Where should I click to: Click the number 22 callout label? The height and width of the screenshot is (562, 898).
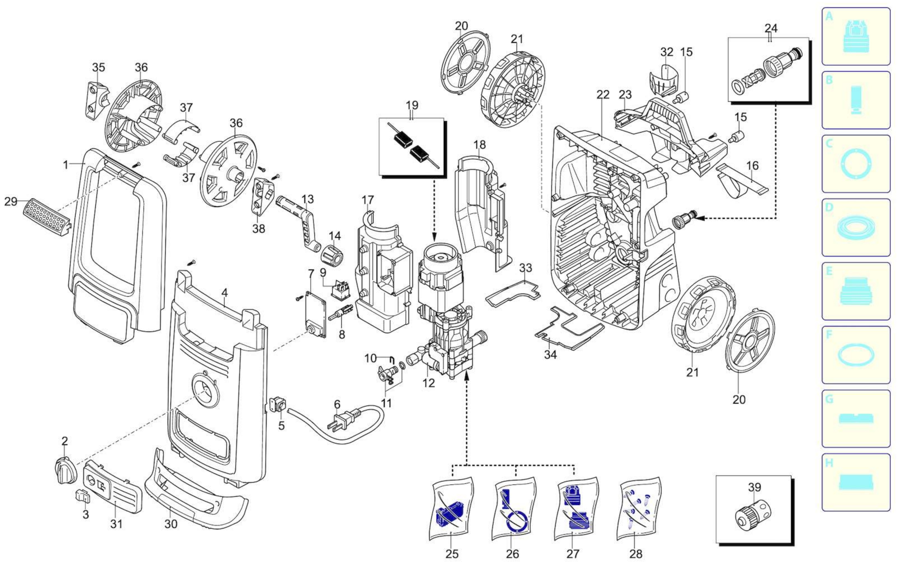tap(603, 95)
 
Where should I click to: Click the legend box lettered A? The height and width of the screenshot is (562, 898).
tap(856, 37)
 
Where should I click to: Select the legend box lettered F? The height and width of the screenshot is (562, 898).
tap(856, 355)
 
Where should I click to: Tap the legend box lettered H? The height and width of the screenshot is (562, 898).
tap(856, 482)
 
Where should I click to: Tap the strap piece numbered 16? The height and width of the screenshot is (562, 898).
tap(740, 181)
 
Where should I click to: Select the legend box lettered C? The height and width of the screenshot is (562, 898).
tap(856, 164)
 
